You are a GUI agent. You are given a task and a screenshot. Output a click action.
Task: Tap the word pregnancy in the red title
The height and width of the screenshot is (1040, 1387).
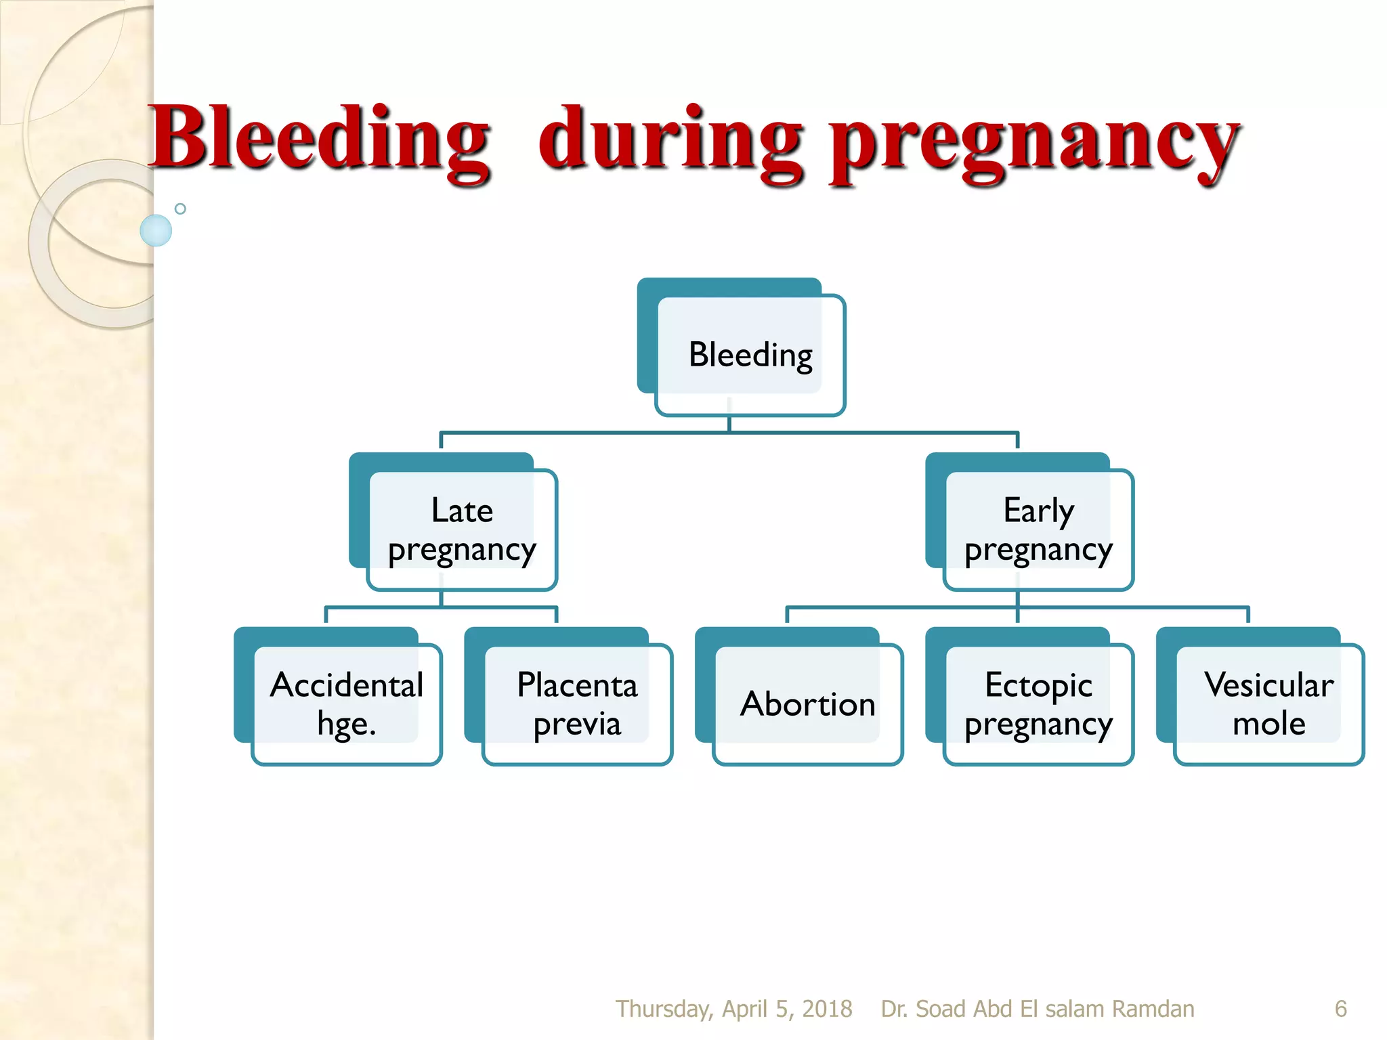click(x=1035, y=142)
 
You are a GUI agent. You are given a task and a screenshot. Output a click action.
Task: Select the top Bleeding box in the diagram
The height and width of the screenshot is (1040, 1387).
click(x=750, y=355)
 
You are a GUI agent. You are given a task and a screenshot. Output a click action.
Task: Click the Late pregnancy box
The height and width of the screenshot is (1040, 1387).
click(x=462, y=529)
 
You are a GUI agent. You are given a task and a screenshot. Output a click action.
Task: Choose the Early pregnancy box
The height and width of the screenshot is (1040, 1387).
click(x=1038, y=529)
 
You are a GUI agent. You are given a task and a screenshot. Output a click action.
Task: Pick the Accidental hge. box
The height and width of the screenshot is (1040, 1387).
click(x=346, y=704)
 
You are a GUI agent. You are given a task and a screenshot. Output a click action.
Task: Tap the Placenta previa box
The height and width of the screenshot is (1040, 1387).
click(x=577, y=704)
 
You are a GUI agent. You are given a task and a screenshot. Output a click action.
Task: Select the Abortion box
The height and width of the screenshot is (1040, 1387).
click(x=807, y=704)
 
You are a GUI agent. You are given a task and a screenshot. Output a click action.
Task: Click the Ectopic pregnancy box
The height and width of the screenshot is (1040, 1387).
click(x=1038, y=704)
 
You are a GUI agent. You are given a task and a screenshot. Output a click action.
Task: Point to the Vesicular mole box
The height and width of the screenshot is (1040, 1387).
click(x=1268, y=704)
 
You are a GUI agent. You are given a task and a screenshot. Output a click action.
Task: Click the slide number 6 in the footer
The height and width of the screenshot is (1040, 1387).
click(x=1340, y=1009)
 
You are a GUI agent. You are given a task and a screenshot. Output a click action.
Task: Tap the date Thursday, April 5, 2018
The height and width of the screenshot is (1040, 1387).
click(x=733, y=1009)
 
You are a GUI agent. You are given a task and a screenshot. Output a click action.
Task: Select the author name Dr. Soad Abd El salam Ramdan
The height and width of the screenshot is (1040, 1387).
click(x=1037, y=1009)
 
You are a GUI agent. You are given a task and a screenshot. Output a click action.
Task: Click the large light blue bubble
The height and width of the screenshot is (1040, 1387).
click(x=156, y=230)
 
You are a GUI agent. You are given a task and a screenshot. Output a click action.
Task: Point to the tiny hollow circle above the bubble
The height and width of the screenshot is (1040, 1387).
click(x=180, y=209)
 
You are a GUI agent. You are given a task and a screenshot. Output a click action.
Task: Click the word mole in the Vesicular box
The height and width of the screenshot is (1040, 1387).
click(x=1268, y=724)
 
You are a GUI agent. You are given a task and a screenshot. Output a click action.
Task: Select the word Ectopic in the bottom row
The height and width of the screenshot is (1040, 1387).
click(x=1038, y=685)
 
